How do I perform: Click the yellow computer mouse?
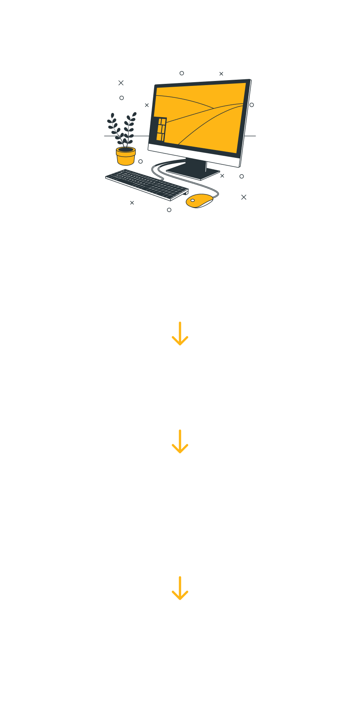coord(199,201)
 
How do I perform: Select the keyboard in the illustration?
coord(146,184)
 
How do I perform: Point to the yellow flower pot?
coord(126,155)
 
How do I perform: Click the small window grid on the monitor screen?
coord(161,129)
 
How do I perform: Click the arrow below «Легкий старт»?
coord(180,333)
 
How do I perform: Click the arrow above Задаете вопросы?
coord(180,441)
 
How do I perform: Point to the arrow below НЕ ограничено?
coord(180,588)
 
